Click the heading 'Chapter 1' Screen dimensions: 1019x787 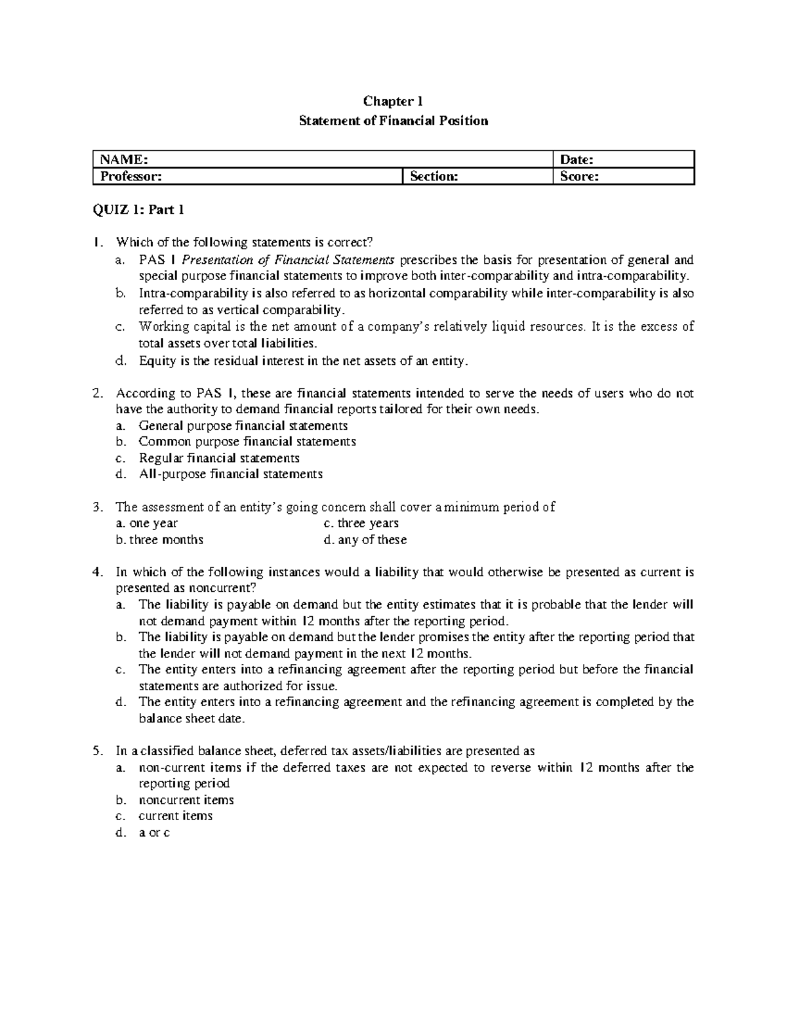tap(393, 101)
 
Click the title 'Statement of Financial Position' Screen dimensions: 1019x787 tap(393, 121)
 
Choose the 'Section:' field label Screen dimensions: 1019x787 tap(434, 177)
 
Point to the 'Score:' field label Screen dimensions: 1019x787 tap(578, 177)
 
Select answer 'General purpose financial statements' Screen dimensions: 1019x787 tap(243, 426)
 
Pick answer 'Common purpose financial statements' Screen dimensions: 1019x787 tap(247, 442)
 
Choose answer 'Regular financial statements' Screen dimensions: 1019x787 tap(219, 458)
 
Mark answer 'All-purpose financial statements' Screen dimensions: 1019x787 tap(230, 474)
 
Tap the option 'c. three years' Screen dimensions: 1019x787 tap(361, 523)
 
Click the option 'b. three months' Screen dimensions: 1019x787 tap(159, 539)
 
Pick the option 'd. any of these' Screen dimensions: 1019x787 tap(365, 539)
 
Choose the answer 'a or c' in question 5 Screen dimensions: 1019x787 tap(154, 833)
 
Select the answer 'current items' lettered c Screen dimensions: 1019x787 tap(175, 816)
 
